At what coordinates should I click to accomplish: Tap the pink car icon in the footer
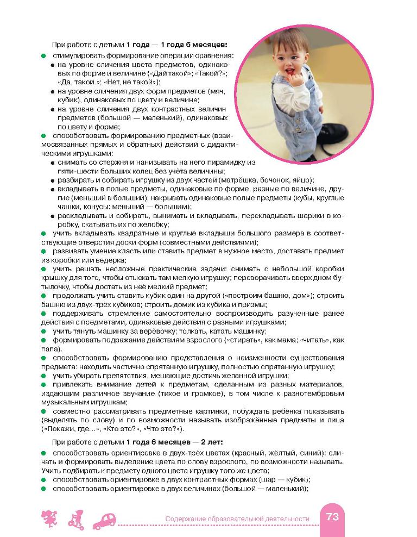click(106, 520)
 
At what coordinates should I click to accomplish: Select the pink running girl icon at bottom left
click(49, 520)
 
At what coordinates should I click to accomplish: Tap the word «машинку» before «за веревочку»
click(103, 331)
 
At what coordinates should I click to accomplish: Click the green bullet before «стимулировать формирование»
click(43, 56)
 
